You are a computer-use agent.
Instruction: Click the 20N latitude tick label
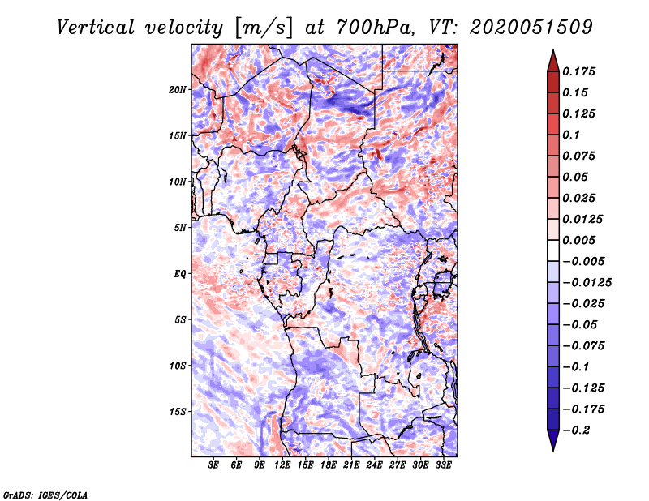point(178,90)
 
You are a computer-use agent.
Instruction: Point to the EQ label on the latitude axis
point(180,274)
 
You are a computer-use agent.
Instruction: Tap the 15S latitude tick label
point(178,412)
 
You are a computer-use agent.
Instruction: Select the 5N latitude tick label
point(180,228)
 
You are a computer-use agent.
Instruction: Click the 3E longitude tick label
point(213,465)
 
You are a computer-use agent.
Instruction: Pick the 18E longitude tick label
point(329,465)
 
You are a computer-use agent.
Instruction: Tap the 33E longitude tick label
point(443,465)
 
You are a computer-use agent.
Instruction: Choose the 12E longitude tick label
point(282,465)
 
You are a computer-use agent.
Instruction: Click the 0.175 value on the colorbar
point(578,71)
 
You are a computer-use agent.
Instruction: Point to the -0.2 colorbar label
point(576,430)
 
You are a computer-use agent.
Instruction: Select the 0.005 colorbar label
point(578,240)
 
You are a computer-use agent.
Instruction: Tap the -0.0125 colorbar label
point(587,283)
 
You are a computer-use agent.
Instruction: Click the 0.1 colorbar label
point(571,135)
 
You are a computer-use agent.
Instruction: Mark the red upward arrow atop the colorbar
point(553,61)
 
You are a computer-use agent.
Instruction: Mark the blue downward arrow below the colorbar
point(553,440)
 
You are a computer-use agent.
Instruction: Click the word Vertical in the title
point(96,28)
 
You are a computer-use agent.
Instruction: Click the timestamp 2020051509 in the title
point(531,28)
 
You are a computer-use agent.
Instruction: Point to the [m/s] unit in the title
point(264,28)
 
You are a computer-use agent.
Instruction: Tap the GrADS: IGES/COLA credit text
point(45,495)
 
